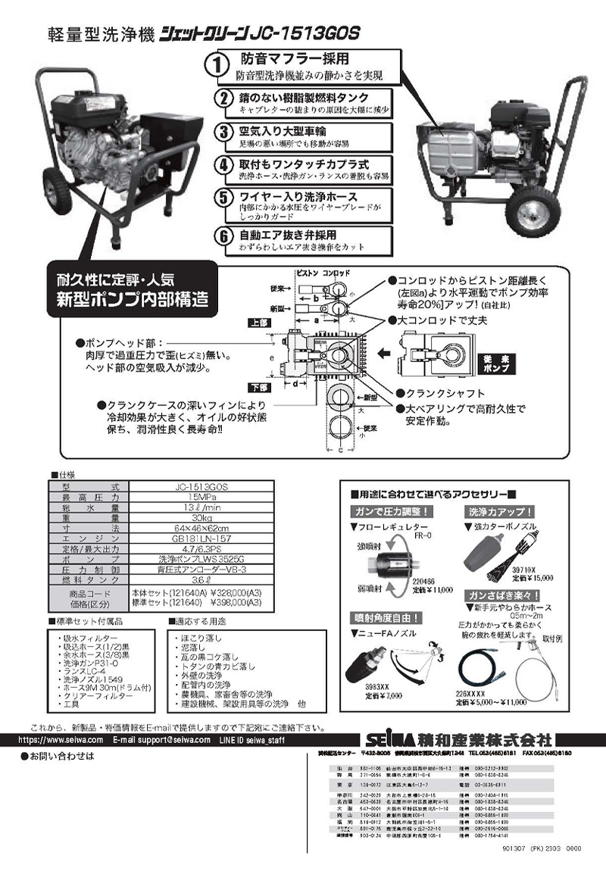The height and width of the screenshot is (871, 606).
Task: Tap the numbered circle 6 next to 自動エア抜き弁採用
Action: [223, 236]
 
